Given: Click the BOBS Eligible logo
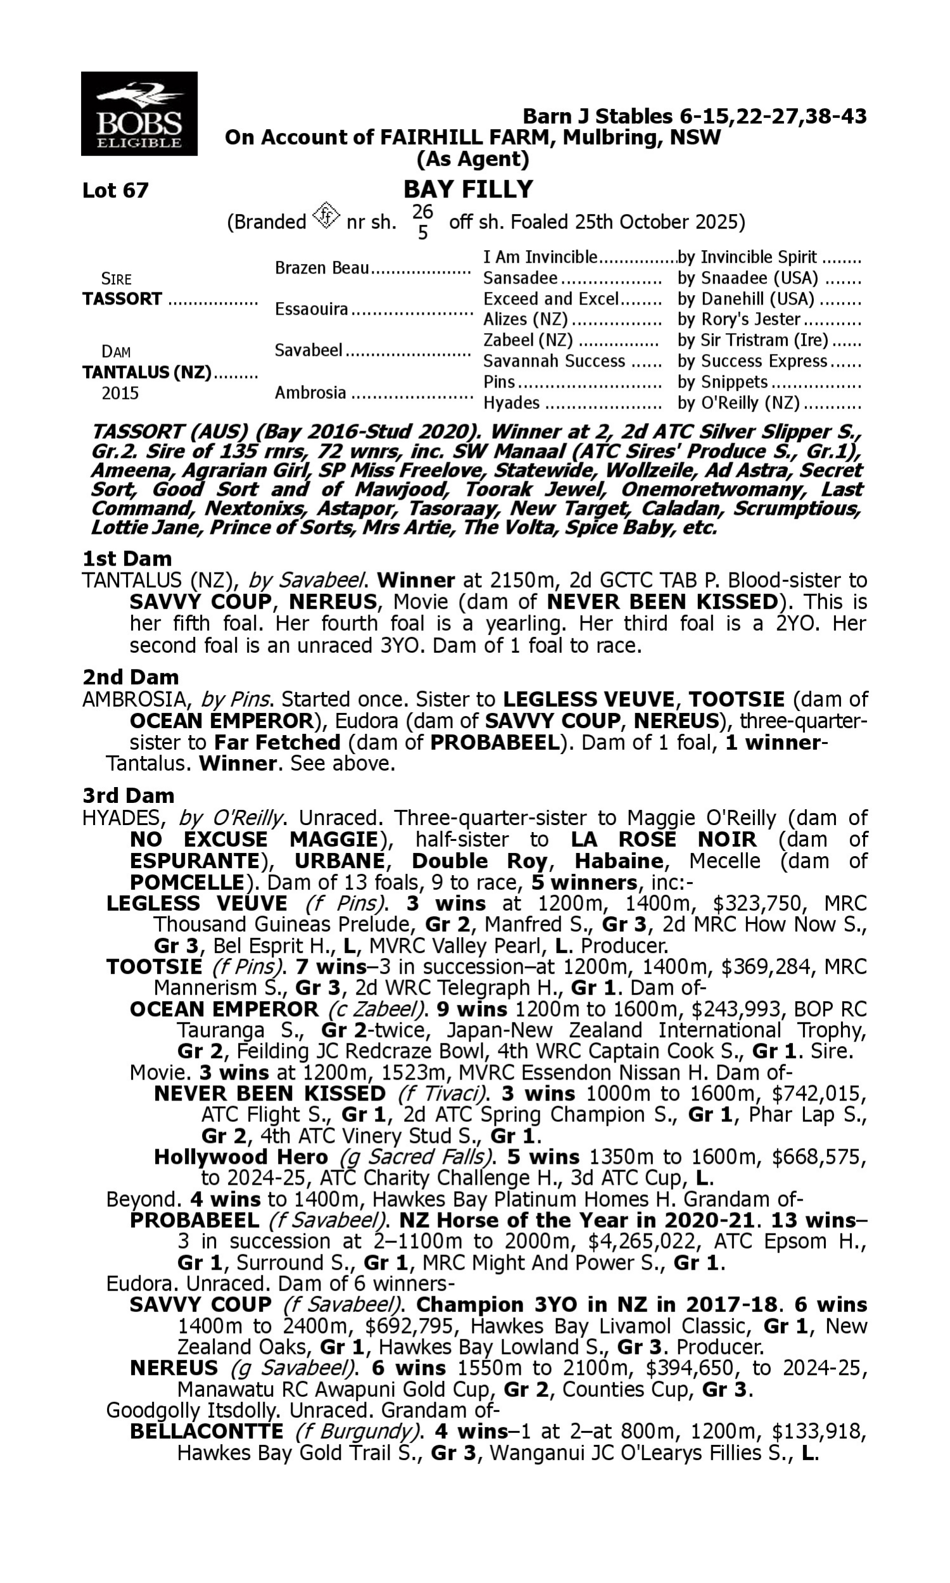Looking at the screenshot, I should point(139,114).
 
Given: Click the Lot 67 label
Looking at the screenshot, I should point(115,190).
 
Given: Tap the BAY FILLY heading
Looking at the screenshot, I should point(468,189).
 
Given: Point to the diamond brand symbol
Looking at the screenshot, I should point(326,216).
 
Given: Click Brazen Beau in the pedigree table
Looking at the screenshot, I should point(322,267).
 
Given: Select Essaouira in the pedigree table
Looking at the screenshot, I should point(311,309).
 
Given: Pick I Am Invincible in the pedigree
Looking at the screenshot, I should point(540,257).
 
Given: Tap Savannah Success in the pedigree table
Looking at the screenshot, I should point(554,361).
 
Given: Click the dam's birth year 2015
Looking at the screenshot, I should point(120,393).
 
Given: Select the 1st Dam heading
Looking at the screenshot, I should point(127,558).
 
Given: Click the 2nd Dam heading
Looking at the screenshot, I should point(130,677).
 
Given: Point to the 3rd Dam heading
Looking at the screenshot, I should point(128,795).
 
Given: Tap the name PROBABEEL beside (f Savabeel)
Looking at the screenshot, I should point(194,1220).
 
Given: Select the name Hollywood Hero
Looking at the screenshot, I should point(241,1157).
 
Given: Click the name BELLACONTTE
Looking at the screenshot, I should point(206,1432).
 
